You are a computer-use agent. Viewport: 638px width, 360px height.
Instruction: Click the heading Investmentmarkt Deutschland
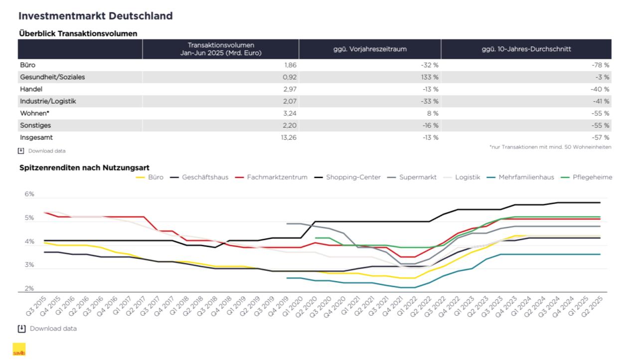pyautogui.click(x=95, y=16)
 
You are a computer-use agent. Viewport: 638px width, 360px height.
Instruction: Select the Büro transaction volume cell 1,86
pyautogui.click(x=290, y=65)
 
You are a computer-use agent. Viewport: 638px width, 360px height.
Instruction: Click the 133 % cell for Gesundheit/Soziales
pyautogui.click(x=430, y=77)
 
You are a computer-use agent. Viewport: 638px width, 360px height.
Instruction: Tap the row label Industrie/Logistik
pyautogui.click(x=48, y=101)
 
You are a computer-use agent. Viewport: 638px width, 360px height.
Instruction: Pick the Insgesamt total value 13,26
pyautogui.click(x=289, y=138)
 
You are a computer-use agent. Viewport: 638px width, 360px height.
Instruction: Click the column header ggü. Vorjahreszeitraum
pyautogui.click(x=370, y=49)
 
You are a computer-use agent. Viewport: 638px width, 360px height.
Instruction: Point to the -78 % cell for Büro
pyautogui.click(x=601, y=65)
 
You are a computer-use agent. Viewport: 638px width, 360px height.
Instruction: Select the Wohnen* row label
pyautogui.click(x=34, y=113)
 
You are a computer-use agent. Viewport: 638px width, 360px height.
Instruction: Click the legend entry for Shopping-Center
pyautogui.click(x=347, y=177)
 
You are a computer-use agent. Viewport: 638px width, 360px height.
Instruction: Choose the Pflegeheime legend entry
pyautogui.click(x=587, y=177)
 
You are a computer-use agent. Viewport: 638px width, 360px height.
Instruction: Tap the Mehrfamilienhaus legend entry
pyautogui.click(x=520, y=177)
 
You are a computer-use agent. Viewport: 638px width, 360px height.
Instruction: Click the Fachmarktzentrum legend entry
pyautogui.click(x=271, y=177)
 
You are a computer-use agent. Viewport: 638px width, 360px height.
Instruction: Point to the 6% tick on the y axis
pyautogui.click(x=29, y=194)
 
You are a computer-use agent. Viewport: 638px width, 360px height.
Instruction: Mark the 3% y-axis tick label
pyautogui.click(x=29, y=265)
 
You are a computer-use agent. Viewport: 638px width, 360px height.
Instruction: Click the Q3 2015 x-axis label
pyautogui.click(x=36, y=306)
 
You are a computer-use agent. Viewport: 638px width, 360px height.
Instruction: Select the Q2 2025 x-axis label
pyautogui.click(x=592, y=306)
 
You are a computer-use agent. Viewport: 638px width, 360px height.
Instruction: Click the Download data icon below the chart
pyautogui.click(x=21, y=329)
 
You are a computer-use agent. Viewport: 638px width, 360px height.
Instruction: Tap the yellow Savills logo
pyautogui.click(x=19, y=350)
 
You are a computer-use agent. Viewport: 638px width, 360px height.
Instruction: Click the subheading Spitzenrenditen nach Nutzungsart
pyautogui.click(x=84, y=168)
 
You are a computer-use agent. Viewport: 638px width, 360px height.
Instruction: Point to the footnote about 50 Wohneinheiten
pyautogui.click(x=550, y=147)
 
